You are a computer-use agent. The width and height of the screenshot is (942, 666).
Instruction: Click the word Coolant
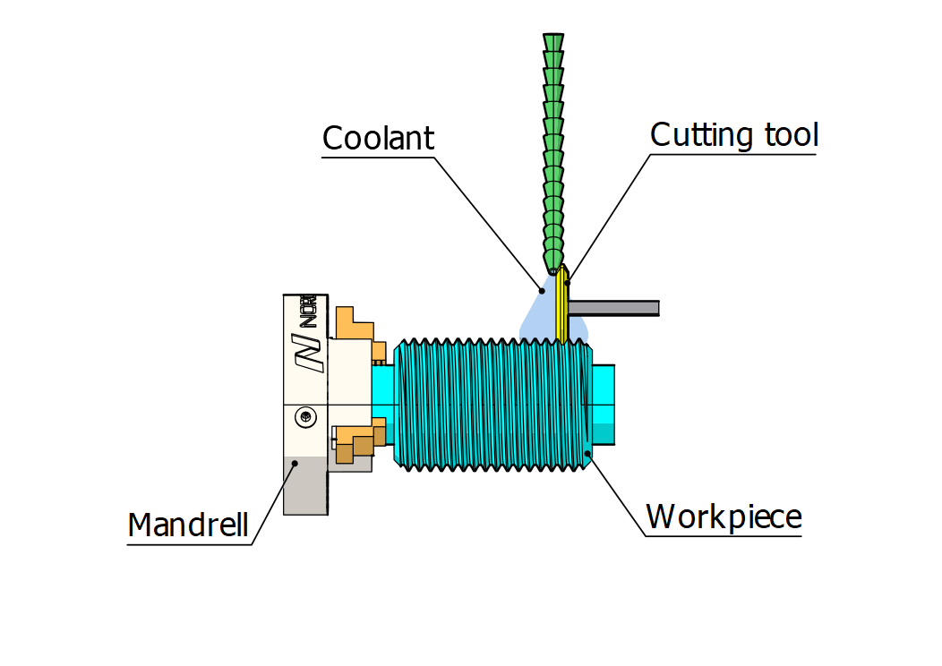378,139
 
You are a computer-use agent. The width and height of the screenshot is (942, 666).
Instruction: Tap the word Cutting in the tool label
689,135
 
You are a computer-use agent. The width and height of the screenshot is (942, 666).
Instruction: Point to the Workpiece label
724,517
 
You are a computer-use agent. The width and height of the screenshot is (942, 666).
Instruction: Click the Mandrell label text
188,525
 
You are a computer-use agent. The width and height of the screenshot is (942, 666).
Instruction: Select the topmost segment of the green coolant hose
553,43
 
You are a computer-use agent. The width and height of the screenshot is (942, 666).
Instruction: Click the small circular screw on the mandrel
306,416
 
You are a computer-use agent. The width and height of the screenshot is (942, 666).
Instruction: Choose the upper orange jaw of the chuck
354,327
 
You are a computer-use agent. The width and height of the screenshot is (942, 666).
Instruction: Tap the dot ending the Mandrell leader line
294,464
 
